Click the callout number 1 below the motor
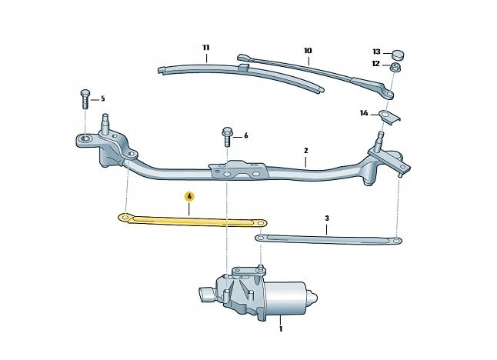click(281, 329)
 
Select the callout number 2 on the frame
click(305, 151)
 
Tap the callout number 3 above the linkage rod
click(326, 218)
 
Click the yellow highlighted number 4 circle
click(189, 196)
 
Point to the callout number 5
click(102, 98)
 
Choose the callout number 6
click(245, 135)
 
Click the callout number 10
click(308, 52)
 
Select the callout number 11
click(206, 48)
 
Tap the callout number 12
click(376, 64)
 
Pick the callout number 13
click(376, 50)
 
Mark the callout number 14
click(364, 114)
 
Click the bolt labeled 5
click(83, 101)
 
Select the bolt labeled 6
click(227, 137)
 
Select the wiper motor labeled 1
click(265, 292)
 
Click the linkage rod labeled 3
click(331, 241)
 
